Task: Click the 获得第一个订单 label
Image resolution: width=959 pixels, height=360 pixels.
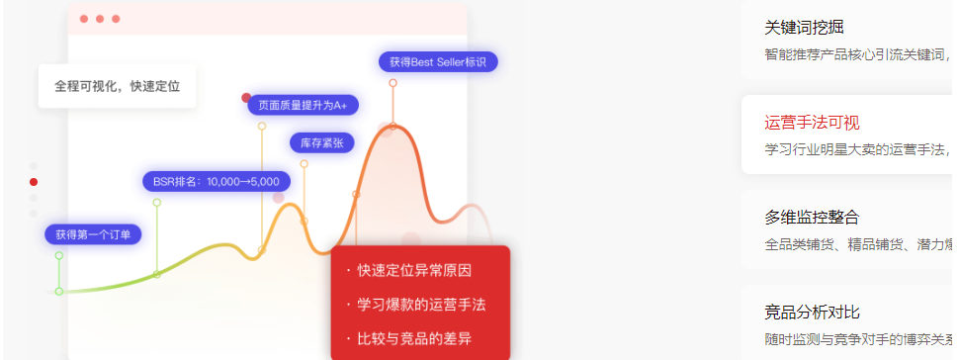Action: click(93, 234)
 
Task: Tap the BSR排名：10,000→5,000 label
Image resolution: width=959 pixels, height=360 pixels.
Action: click(216, 181)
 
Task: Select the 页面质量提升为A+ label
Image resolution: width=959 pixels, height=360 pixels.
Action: click(303, 104)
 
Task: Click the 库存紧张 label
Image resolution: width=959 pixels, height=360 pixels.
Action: click(321, 142)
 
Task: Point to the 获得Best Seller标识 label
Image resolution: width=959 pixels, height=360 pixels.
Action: click(438, 61)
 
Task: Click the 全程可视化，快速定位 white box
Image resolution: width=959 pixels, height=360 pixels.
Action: click(117, 86)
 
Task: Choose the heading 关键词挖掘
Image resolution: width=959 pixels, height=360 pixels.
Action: click(804, 28)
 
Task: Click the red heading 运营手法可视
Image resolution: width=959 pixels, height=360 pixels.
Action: click(812, 123)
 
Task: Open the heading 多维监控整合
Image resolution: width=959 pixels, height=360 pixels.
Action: click(812, 217)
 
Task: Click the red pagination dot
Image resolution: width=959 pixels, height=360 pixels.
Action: click(34, 181)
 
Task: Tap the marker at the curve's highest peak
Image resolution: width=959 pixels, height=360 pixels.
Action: click(392, 126)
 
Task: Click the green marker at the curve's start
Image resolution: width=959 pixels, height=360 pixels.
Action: click(59, 291)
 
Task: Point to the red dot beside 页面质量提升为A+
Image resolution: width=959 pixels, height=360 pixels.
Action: click(246, 98)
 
